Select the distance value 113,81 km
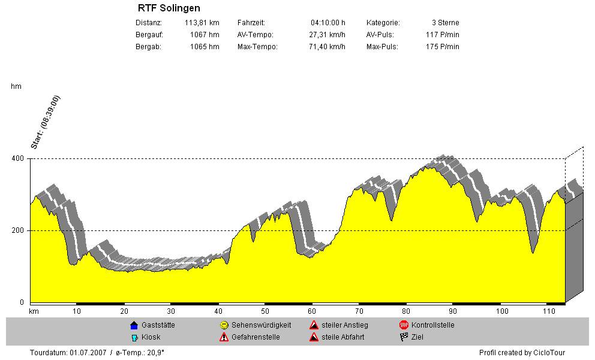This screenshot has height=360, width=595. pyautogui.click(x=202, y=23)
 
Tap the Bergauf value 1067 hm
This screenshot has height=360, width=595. pyautogui.click(x=205, y=35)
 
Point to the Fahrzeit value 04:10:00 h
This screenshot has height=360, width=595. pyautogui.click(x=327, y=23)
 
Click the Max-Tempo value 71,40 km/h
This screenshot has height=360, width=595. pyautogui.click(x=325, y=47)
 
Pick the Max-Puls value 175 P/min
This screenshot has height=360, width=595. pyautogui.click(x=443, y=47)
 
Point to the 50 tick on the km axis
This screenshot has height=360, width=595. pyautogui.click(x=265, y=311)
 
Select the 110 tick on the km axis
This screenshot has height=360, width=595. pyautogui.click(x=547, y=311)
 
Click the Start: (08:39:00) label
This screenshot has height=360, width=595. pyautogui.click(x=46, y=122)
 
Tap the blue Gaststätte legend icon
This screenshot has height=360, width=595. pyautogui.click(x=134, y=325)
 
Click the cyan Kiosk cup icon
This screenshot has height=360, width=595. pyautogui.click(x=134, y=337)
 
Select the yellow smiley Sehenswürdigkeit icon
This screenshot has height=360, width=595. pyautogui.click(x=224, y=325)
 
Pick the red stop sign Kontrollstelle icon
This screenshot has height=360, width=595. pyautogui.click(x=404, y=325)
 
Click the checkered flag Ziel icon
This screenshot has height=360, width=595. pyautogui.click(x=404, y=337)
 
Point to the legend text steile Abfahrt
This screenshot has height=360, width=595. pyautogui.click(x=343, y=337)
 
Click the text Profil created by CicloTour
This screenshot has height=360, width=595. pyautogui.click(x=522, y=353)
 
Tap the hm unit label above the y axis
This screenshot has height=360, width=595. pyautogui.click(x=16, y=87)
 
